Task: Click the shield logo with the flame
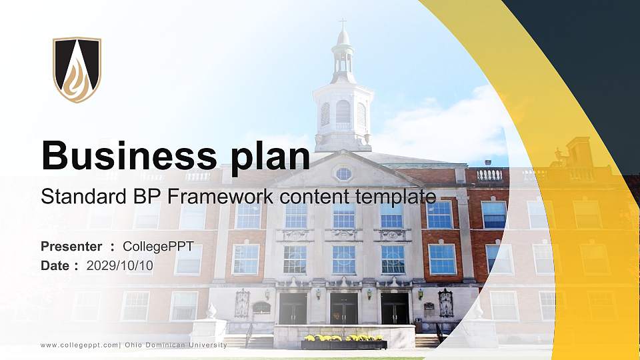point(77,69)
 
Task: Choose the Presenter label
point(71,247)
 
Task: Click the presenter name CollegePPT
point(158,247)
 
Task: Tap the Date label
point(55,265)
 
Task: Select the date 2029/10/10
point(120,265)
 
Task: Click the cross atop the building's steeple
point(343,23)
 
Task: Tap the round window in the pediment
point(343,174)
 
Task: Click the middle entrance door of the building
point(344,309)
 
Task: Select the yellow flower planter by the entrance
point(344,342)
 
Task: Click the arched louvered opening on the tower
point(343,112)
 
